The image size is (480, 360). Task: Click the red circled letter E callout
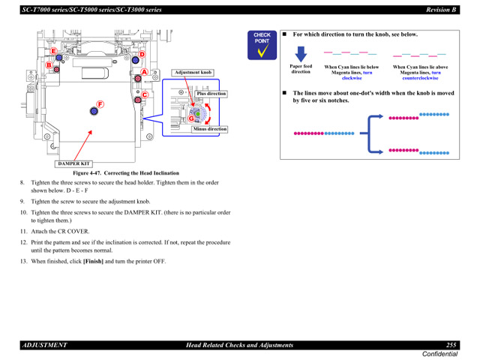click(x=53, y=51)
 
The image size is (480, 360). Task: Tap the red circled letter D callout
click(x=140, y=55)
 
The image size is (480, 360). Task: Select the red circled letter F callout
click(x=100, y=104)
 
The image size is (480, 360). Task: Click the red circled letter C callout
click(x=145, y=95)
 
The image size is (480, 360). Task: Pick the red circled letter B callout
click(x=47, y=65)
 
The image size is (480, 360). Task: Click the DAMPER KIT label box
click(x=73, y=163)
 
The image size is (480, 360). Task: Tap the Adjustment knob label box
click(x=193, y=73)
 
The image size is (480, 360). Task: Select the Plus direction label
click(x=211, y=94)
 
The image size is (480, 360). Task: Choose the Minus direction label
click(x=209, y=129)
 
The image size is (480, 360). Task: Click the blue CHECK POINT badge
click(x=262, y=45)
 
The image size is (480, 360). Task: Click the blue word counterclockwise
click(x=419, y=77)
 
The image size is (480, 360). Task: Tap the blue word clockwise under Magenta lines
click(x=351, y=77)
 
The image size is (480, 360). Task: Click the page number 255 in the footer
click(x=451, y=345)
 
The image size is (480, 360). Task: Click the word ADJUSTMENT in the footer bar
click(x=45, y=345)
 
